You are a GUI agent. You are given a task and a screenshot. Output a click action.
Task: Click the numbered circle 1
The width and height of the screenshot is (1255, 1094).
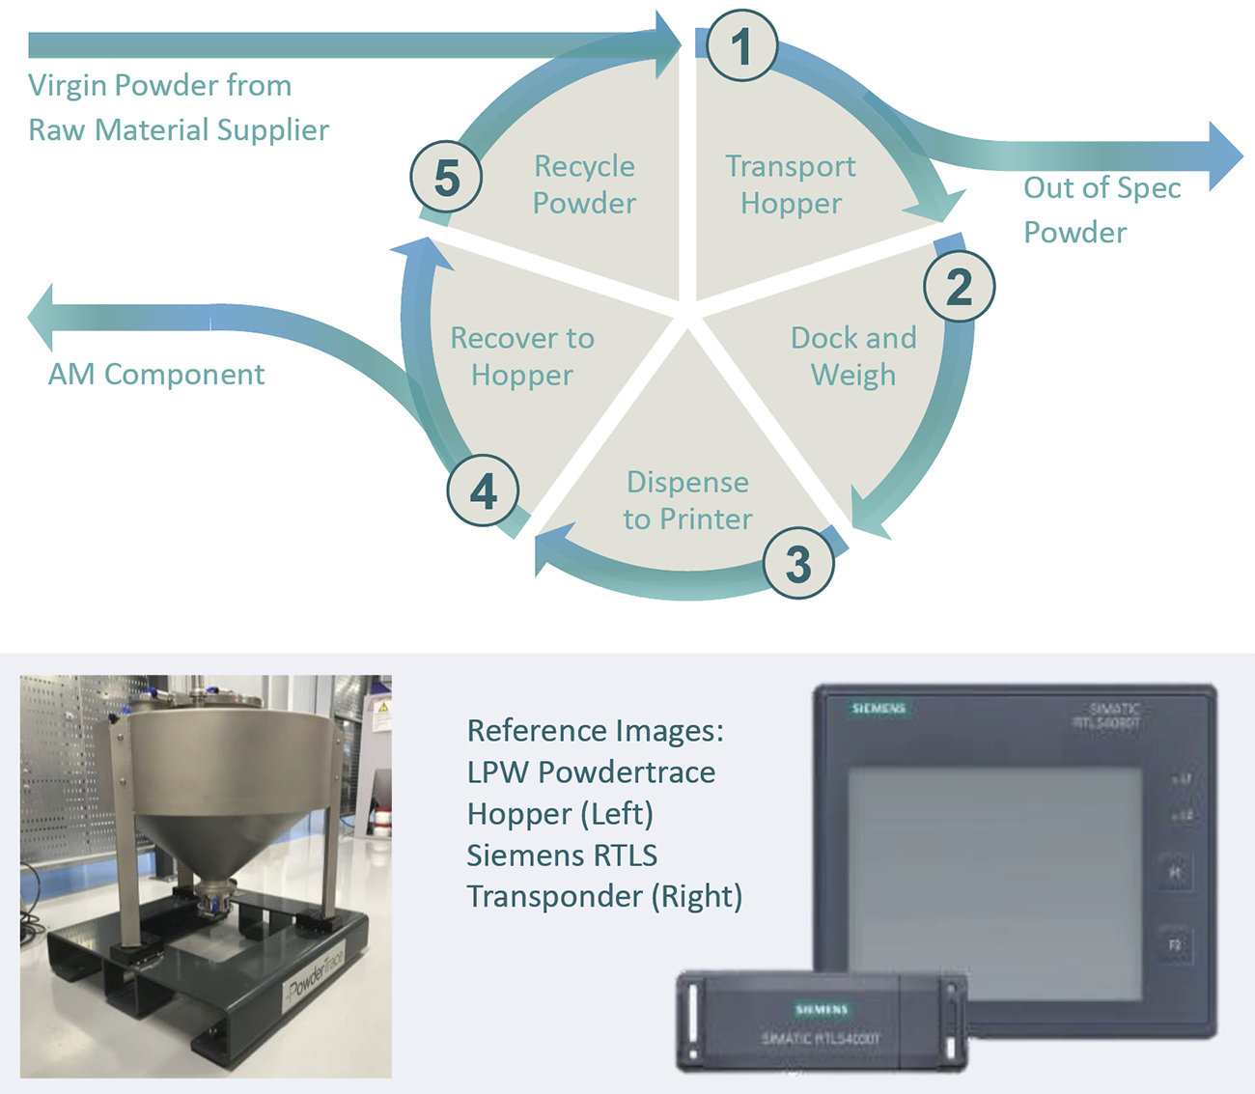740,45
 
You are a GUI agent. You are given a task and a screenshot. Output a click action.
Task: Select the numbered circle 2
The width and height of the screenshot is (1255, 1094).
959,287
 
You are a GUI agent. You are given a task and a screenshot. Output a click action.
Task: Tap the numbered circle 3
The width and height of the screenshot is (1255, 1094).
797,564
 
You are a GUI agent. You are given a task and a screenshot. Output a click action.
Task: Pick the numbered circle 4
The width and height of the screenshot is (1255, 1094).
483,491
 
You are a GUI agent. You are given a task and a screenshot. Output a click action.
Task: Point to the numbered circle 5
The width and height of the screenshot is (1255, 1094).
446,178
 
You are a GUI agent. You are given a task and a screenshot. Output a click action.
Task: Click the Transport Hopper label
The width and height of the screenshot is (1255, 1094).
791,184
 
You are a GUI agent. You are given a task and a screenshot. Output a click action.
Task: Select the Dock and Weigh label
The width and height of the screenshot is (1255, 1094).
853,355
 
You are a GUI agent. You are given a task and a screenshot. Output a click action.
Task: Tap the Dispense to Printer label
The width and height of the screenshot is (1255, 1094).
687,500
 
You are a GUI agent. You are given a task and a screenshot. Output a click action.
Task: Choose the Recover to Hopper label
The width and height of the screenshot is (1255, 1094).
522,355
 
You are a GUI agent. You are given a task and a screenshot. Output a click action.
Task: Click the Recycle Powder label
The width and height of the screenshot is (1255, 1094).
584,184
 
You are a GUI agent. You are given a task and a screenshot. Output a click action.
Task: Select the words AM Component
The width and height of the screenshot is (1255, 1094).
156,374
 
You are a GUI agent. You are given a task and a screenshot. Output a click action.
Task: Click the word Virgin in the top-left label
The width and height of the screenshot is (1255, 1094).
68,85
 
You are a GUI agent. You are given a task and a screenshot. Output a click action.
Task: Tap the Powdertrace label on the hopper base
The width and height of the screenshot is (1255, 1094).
315,975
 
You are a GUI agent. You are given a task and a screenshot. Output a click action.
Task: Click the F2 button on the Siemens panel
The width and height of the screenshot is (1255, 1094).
1175,944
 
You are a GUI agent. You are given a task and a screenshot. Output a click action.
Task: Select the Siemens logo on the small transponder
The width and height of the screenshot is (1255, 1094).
822,1009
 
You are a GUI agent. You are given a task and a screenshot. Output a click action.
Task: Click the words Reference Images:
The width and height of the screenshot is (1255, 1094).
595,731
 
